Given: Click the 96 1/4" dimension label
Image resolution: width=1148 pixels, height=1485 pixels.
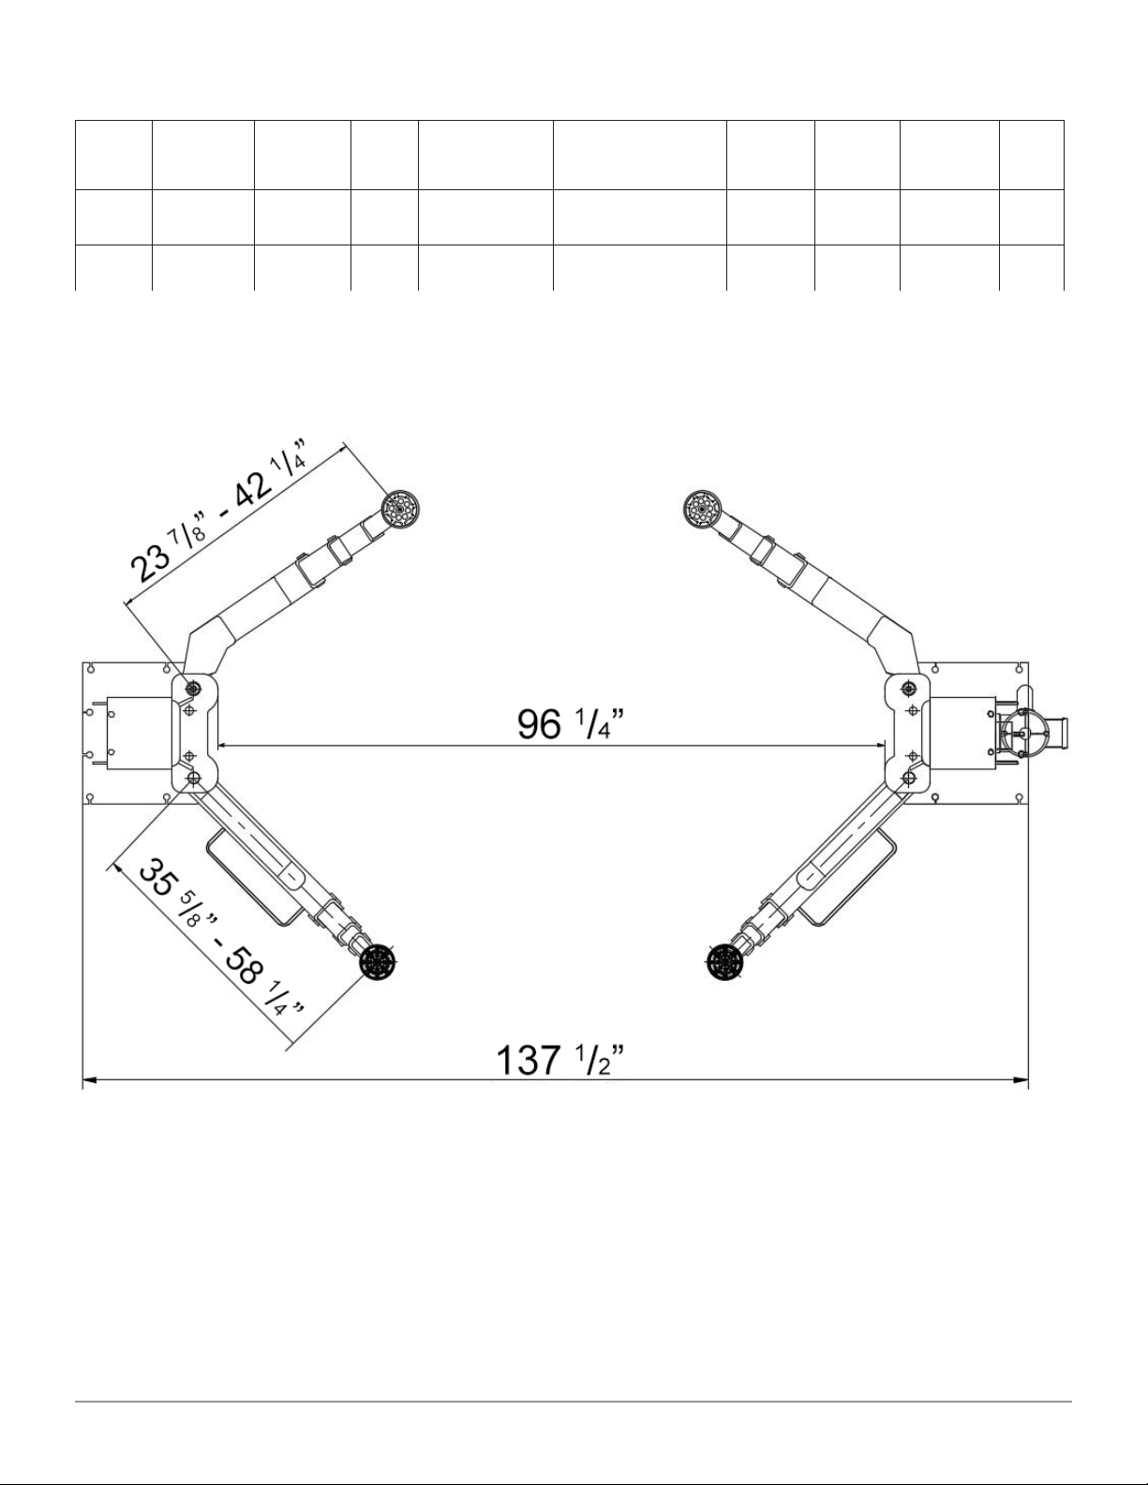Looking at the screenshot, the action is [571, 723].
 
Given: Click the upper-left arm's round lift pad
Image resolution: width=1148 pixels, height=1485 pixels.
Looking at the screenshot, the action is [400, 510].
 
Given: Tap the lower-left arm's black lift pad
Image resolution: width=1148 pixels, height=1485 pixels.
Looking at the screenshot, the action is [377, 963].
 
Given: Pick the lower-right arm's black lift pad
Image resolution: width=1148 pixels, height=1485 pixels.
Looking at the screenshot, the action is [723, 963].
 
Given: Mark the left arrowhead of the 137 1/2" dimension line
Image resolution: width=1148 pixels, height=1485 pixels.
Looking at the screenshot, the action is [90, 1080].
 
